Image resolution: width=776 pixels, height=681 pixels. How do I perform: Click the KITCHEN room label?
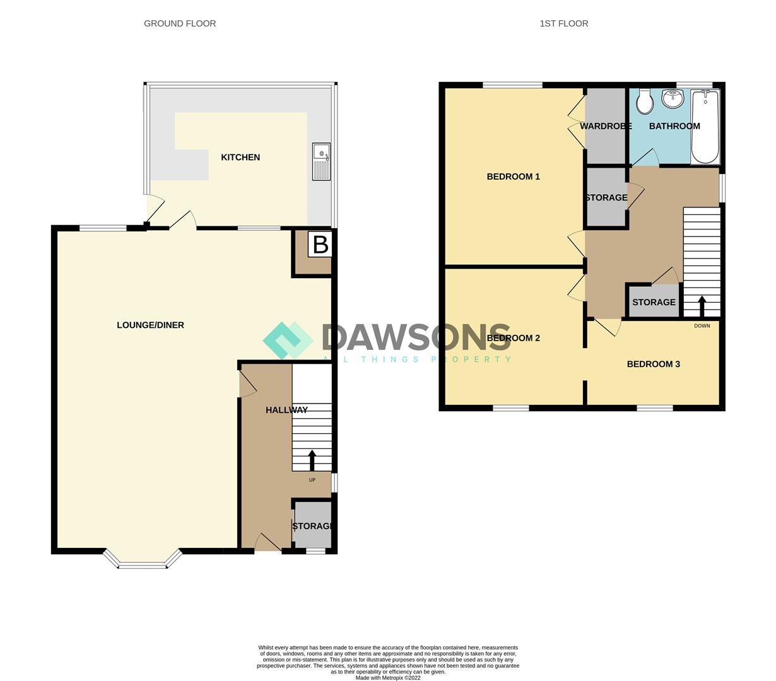240,158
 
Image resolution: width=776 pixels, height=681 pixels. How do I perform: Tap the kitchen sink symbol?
321,161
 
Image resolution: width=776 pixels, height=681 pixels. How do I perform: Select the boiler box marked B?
320,245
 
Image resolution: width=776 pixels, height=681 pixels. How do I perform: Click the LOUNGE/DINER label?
150,325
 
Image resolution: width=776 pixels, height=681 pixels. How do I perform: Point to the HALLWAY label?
286,410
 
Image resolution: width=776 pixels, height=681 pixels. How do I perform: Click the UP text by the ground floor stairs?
312,480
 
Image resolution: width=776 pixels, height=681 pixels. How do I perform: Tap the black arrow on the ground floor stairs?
312,460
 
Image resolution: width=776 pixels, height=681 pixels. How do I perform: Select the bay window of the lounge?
143,561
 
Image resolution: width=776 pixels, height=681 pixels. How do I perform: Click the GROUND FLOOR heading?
180,23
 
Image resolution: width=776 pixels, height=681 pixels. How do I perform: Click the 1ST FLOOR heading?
564,23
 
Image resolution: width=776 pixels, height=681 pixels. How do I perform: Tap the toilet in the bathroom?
645,102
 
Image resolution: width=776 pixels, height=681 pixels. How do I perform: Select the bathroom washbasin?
673,98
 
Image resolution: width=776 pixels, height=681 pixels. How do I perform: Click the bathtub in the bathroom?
705,126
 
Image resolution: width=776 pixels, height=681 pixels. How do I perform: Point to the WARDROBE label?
606,126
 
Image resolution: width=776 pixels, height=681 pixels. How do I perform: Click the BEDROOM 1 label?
514,177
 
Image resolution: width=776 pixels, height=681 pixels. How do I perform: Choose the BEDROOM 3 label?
654,364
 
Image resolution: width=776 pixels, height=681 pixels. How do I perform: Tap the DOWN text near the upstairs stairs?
702,326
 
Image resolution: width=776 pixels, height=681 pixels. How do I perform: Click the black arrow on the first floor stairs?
702,306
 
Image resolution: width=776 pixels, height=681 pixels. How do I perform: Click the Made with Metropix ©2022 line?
388,678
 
